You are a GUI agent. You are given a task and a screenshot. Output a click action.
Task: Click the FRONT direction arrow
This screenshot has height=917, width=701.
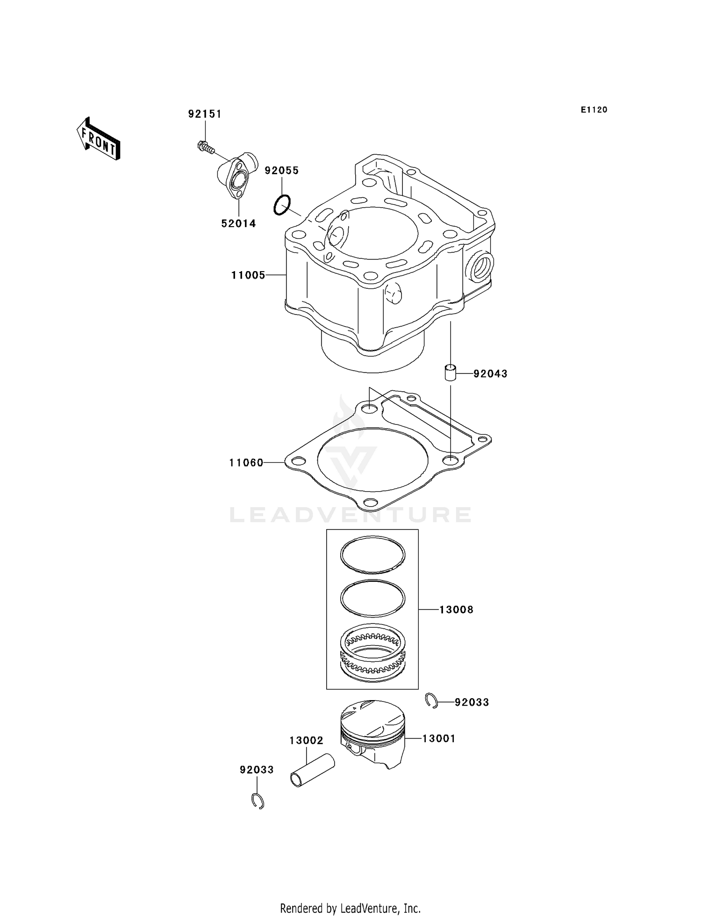pos(99,139)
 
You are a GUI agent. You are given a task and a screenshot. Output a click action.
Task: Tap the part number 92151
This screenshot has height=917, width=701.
pos(205,114)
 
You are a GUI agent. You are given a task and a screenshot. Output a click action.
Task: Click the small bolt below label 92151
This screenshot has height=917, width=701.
pos(205,147)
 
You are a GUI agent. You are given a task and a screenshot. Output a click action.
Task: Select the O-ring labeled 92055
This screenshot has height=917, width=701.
pos(282,205)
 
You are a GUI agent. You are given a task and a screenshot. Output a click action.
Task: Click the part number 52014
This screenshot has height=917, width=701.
pos(238,223)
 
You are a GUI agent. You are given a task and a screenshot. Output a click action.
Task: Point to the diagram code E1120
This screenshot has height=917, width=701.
pos(594,110)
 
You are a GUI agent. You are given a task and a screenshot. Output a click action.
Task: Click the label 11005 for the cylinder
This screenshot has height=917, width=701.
pos(248,275)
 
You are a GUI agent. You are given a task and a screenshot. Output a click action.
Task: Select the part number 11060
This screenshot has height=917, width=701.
pos(246,463)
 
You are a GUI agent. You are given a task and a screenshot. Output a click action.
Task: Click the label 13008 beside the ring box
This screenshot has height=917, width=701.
pos(456,609)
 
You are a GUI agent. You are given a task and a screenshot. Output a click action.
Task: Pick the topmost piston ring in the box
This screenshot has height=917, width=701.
pos(372,554)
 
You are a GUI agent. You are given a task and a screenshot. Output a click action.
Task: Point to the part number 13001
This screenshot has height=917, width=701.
pos(438,738)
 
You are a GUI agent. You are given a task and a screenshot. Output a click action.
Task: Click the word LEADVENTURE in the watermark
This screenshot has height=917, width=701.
pos(350,515)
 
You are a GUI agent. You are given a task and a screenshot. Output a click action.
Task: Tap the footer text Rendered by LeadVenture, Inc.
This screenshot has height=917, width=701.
pos(350,908)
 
